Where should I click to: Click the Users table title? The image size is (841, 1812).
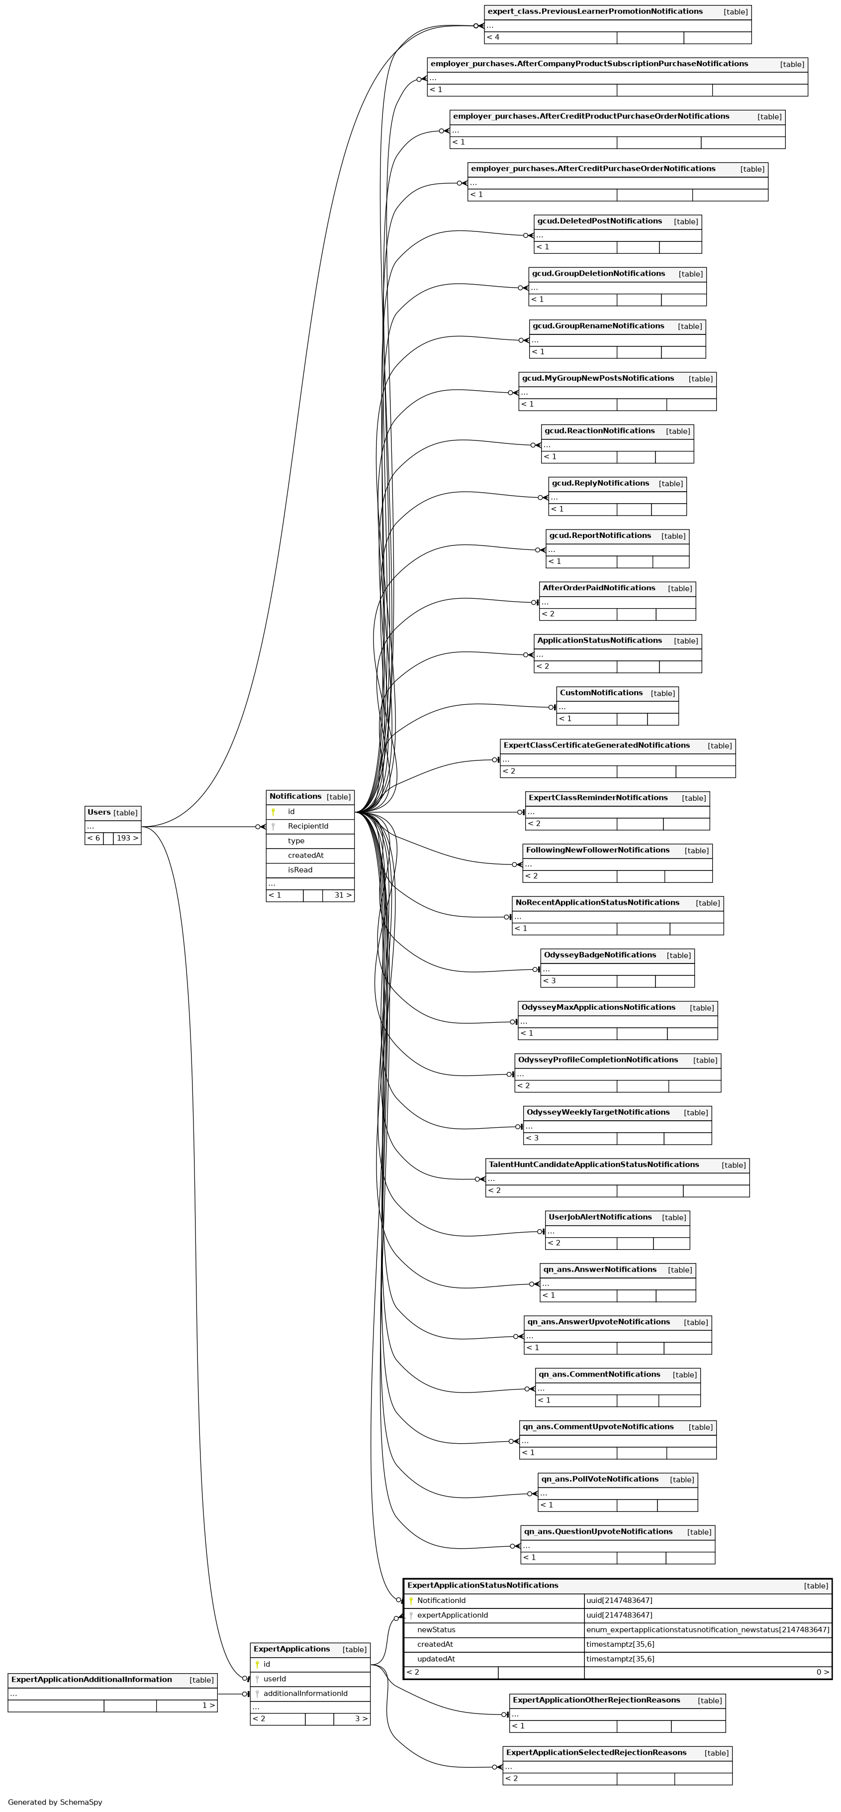99,813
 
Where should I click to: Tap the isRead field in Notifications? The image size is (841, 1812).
299,870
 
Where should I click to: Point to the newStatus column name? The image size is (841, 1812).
436,1630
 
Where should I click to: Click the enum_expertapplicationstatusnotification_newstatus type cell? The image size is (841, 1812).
707,1630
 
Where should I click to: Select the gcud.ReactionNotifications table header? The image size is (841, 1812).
599,431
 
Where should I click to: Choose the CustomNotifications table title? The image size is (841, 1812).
601,693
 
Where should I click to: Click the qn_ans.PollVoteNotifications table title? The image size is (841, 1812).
600,1479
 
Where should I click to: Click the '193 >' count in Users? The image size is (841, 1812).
126,839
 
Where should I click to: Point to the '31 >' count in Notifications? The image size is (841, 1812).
342,895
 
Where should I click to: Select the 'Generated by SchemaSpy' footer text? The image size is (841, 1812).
55,1802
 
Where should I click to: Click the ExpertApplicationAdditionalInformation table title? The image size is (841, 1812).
92,1680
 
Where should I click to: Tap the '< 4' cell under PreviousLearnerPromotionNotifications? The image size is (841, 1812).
493,37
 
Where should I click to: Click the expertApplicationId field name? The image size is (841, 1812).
452,1615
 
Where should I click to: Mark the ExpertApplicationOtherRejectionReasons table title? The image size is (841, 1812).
596,1700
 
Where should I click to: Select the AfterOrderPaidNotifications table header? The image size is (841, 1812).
598,588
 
